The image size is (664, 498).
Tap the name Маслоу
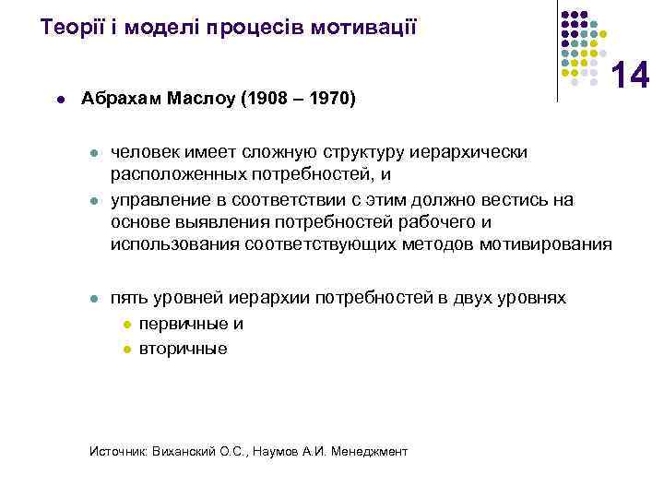point(199,98)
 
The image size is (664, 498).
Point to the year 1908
point(267,98)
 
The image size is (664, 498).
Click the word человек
point(146,152)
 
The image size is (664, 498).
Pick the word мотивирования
point(556,244)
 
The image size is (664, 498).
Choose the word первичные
point(182,324)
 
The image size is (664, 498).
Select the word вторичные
point(183,350)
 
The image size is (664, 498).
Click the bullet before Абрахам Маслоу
point(59,99)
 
